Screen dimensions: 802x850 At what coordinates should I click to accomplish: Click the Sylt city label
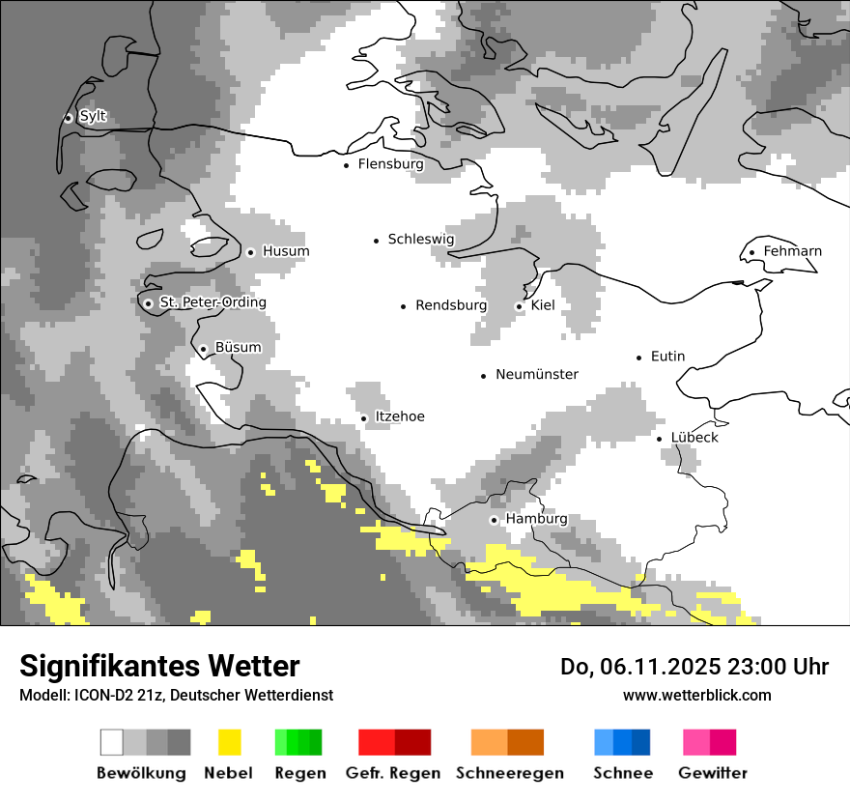tap(93, 117)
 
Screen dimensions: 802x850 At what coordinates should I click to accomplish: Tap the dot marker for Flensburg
tap(347, 165)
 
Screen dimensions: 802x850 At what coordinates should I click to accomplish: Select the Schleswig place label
tap(420, 240)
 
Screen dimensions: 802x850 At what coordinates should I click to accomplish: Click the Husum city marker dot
tap(250, 252)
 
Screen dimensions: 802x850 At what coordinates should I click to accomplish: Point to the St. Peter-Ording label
tap(212, 302)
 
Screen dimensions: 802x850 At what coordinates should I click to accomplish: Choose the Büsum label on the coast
tap(238, 348)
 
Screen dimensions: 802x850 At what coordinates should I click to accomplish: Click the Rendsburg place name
tap(451, 305)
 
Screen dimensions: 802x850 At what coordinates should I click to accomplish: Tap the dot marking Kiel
tap(520, 306)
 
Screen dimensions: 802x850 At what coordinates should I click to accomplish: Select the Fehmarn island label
tap(792, 251)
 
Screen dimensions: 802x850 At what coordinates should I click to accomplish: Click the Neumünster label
tap(537, 374)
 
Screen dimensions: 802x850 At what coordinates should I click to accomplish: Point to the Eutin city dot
tap(639, 358)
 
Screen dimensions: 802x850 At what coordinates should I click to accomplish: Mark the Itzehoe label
tap(400, 416)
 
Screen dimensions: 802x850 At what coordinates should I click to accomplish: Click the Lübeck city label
tap(694, 438)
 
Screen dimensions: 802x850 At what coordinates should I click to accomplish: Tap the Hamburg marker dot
tap(495, 520)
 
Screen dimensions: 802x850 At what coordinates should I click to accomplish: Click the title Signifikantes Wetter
tap(159, 666)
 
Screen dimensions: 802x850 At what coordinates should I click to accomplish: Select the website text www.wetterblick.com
tap(696, 695)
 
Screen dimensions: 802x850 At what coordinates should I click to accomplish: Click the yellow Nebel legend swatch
tap(229, 742)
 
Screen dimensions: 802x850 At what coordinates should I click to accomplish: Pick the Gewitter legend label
tap(713, 773)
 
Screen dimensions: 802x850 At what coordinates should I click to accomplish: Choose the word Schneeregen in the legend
tap(510, 773)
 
